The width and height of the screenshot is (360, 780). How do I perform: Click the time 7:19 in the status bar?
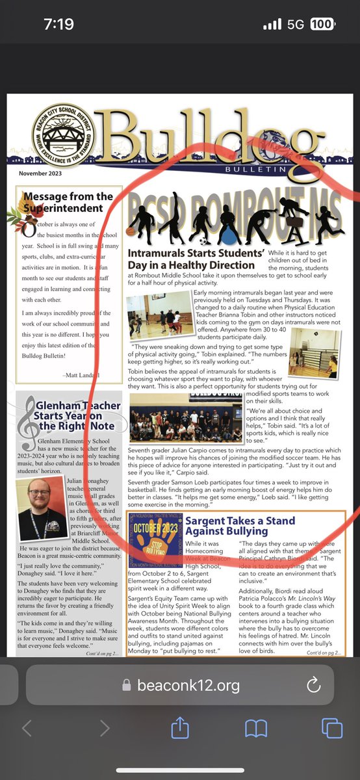click(59, 25)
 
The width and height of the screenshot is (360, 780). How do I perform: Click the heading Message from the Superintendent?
click(68, 202)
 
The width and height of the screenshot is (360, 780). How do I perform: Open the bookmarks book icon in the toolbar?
click(256, 728)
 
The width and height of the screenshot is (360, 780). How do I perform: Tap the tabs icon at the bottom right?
click(331, 728)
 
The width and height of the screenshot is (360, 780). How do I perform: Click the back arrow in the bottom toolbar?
click(27, 728)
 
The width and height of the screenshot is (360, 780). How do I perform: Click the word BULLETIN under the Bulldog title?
click(257, 169)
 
